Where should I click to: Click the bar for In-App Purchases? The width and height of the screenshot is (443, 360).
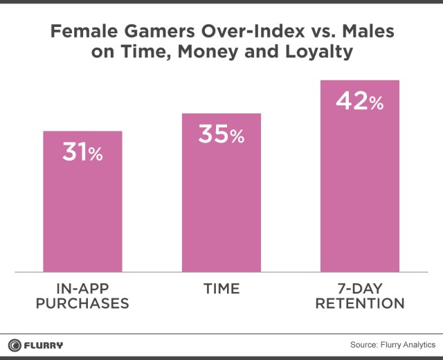click(x=82, y=208)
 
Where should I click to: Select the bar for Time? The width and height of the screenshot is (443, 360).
click(x=221, y=201)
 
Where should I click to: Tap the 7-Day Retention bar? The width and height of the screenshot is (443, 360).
click(x=359, y=187)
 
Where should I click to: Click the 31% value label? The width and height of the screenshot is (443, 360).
click(x=82, y=152)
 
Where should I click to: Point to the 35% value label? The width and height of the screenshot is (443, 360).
click(x=221, y=135)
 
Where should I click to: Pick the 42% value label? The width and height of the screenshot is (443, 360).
click(x=359, y=102)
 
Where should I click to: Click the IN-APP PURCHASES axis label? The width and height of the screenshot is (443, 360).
click(x=82, y=296)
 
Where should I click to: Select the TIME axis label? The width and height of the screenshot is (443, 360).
click(x=221, y=289)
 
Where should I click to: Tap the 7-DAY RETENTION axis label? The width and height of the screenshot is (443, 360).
click(x=359, y=296)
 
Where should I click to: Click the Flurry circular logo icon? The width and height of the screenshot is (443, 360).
click(x=15, y=345)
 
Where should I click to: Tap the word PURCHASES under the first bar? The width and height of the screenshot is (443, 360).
click(x=82, y=304)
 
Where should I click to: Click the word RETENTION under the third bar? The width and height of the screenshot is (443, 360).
click(x=359, y=304)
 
